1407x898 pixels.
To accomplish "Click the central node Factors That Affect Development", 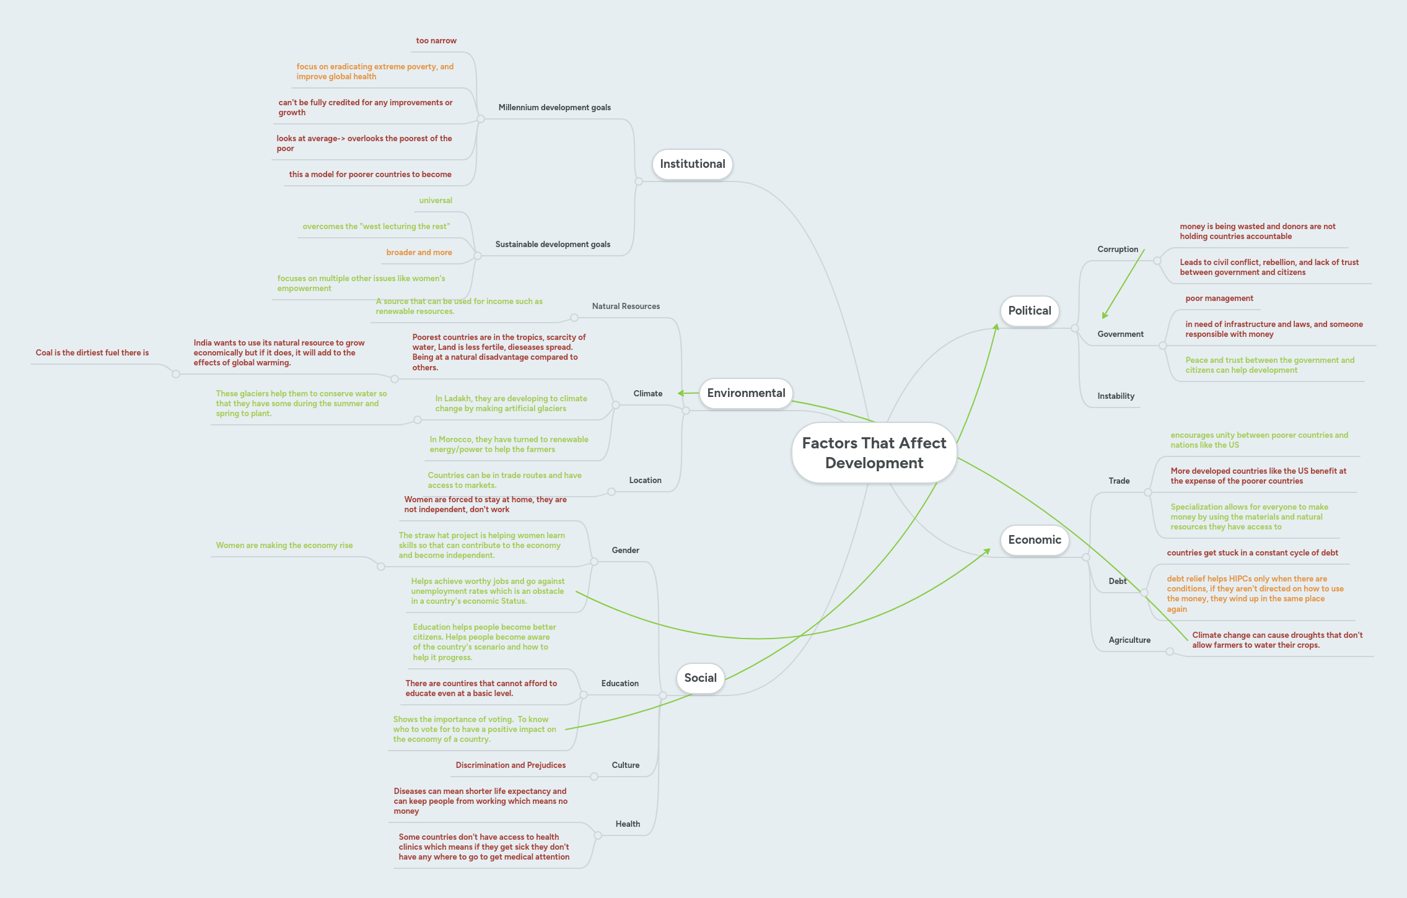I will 874,453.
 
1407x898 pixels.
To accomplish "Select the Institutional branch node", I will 692,164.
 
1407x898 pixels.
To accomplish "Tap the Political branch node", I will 1029,311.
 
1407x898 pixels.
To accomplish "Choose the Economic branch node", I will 1034,539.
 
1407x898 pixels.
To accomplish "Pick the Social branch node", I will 700,678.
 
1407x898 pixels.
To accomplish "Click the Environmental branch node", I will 745,393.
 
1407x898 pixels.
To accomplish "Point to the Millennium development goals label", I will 554,108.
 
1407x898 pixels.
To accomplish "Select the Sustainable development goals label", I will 552,245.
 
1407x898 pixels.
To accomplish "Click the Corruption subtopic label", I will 1117,250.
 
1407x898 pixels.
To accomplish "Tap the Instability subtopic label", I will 1115,396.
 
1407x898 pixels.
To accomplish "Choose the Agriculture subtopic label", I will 1129,640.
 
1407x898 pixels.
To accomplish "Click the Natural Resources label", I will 625,307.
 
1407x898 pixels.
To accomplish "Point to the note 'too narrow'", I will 436,41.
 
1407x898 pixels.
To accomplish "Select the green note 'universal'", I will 435,201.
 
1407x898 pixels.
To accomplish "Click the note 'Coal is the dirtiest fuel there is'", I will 92,353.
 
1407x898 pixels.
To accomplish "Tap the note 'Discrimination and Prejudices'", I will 511,765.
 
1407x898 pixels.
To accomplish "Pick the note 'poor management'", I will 1219,299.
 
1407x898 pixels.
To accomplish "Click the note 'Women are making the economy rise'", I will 284,546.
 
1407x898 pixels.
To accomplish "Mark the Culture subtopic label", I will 625,765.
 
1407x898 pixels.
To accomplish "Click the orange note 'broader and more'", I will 419,253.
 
